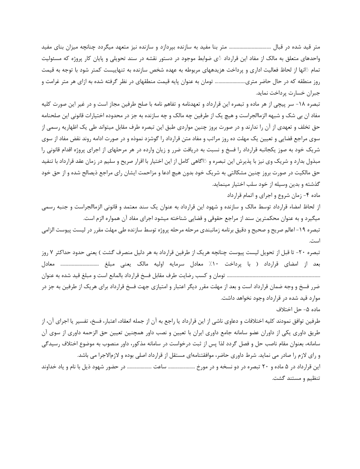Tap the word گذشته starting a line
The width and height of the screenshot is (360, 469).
(312, 185)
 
